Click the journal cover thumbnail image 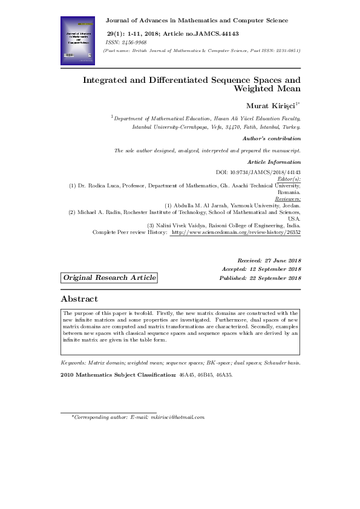coord(79,41)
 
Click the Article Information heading coord(274,162)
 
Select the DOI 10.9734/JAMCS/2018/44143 coord(258,172)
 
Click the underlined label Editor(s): coord(288,179)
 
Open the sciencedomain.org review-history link coord(236,232)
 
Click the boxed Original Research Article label coord(109,277)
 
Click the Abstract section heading coord(79,299)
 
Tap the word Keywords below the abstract coord(74,363)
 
